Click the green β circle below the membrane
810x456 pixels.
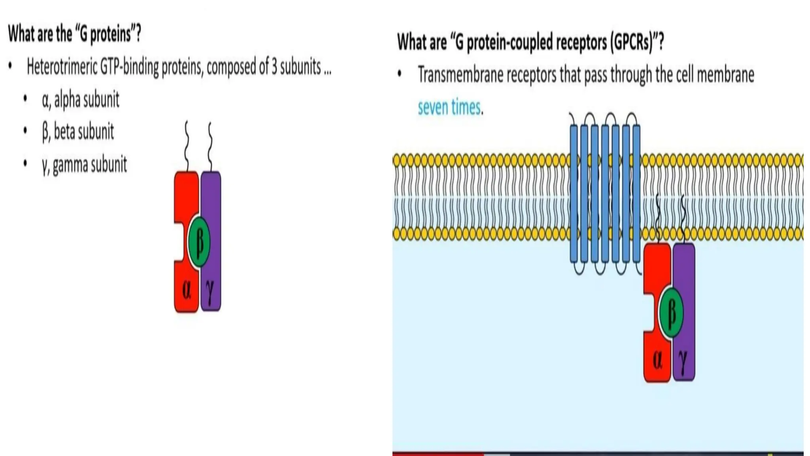[x=672, y=313]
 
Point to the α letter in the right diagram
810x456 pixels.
[x=657, y=360]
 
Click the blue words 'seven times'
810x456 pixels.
[x=450, y=107]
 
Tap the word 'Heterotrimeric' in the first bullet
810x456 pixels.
[x=62, y=68]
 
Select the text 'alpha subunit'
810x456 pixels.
[x=87, y=100]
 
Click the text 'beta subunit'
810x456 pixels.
[x=84, y=132]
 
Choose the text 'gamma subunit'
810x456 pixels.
[x=90, y=165]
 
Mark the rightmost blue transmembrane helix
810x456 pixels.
[x=636, y=194]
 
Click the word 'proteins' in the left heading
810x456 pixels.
[x=110, y=34]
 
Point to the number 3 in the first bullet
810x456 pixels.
[x=274, y=67]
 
